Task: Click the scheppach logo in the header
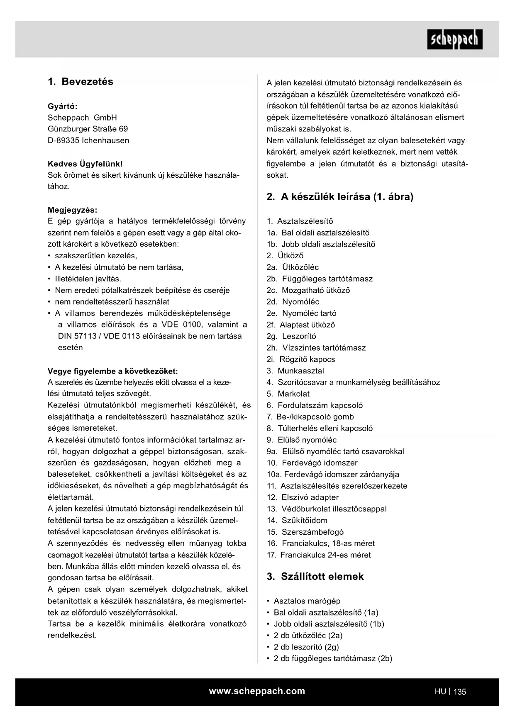(454, 39)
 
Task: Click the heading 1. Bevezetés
(81, 82)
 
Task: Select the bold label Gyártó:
(63, 106)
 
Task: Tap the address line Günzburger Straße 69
(88, 129)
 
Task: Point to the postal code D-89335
(63, 141)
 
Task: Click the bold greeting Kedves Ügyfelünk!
(85, 164)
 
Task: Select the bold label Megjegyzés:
(72, 210)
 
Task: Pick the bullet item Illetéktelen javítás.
(88, 279)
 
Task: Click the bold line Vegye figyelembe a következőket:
(112, 371)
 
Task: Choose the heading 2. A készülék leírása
(339, 197)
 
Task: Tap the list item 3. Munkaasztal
(295, 371)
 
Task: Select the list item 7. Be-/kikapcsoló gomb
(310, 417)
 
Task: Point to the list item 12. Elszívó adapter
(303, 497)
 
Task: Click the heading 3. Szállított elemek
(315, 577)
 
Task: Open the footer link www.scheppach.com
(257, 691)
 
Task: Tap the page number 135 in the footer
(460, 692)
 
